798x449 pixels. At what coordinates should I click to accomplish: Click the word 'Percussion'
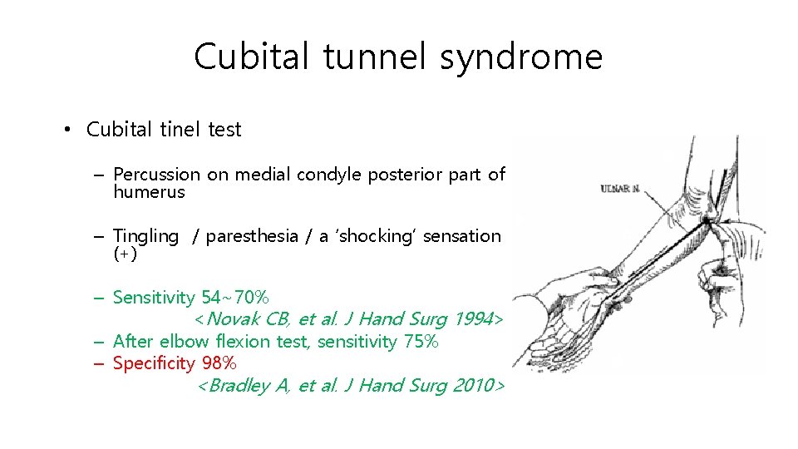156,175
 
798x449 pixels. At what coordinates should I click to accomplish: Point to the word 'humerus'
149,192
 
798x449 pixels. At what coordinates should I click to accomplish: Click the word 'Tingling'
145,236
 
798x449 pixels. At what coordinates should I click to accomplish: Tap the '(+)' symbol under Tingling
125,254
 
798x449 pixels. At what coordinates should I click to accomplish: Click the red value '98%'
219,364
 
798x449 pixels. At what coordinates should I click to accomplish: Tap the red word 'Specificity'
154,364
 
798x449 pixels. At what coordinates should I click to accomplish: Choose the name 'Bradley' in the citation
239,386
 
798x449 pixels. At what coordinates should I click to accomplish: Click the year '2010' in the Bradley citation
474,386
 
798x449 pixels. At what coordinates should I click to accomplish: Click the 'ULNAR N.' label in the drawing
620,190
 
